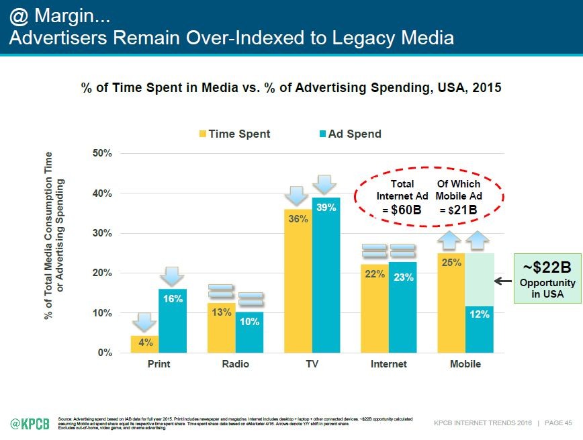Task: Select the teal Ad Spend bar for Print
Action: click(173, 321)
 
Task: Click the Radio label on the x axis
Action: click(235, 364)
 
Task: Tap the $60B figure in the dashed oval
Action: click(406, 210)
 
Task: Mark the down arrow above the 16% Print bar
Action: click(173, 276)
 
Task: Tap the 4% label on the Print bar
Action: click(145, 343)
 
